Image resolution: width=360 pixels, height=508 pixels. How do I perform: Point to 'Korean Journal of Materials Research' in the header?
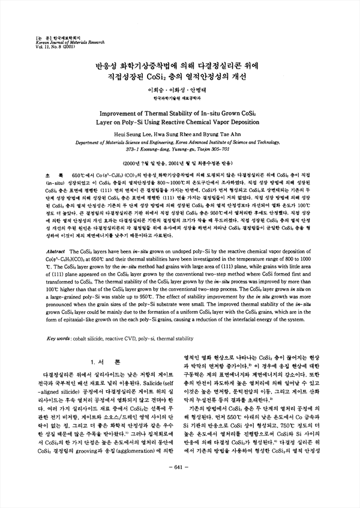click(54, 41)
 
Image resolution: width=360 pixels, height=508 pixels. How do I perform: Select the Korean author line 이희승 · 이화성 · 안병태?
click(180, 89)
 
